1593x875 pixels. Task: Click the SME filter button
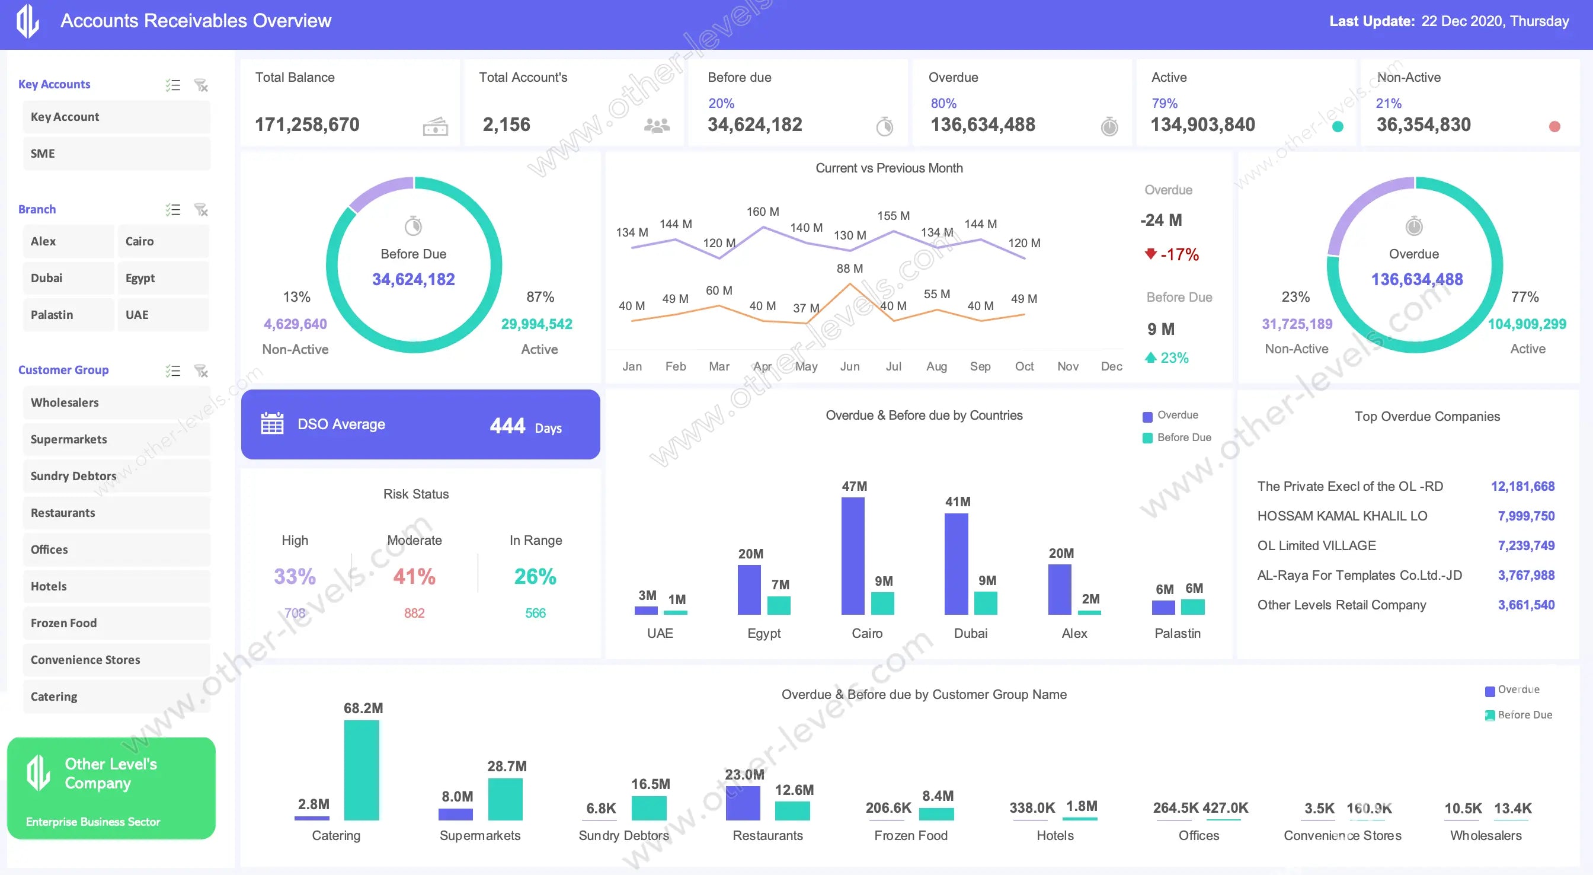(116, 154)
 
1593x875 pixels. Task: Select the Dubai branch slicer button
(68, 278)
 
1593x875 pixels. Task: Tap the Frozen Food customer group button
(116, 623)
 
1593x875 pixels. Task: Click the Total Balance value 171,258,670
(307, 125)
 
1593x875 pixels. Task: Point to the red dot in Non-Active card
(1554, 127)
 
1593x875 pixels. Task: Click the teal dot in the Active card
(1337, 127)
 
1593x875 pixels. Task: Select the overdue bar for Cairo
(853, 555)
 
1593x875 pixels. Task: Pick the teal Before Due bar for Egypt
(779, 605)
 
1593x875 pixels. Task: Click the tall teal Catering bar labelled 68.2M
(362, 770)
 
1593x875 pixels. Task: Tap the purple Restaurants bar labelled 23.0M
(743, 803)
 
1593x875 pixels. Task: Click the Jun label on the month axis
(850, 366)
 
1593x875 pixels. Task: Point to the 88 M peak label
(850, 269)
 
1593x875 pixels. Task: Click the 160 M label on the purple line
(763, 212)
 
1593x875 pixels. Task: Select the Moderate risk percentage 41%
(414, 577)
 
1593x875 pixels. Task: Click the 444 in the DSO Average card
(507, 426)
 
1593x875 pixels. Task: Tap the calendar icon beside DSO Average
(272, 424)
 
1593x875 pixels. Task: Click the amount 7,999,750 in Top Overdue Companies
(1525, 516)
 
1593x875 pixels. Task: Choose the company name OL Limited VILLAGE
(1317, 546)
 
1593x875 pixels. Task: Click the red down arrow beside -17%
(1150, 254)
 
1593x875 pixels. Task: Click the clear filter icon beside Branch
(201, 210)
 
